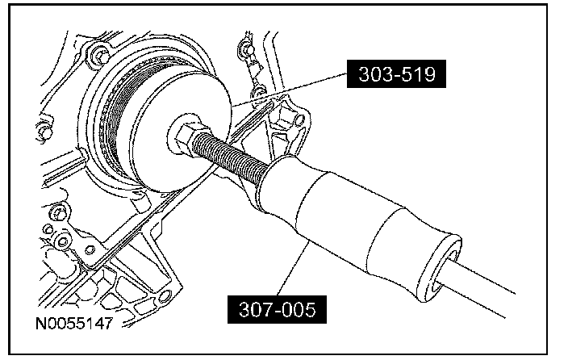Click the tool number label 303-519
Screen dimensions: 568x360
click(396, 74)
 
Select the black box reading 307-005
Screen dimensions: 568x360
click(277, 309)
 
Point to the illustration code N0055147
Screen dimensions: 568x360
click(74, 323)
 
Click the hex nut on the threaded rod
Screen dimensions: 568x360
click(187, 136)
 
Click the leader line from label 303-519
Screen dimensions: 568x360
click(290, 90)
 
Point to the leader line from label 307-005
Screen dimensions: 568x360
click(293, 268)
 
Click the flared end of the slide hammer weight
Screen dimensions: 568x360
click(440, 267)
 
